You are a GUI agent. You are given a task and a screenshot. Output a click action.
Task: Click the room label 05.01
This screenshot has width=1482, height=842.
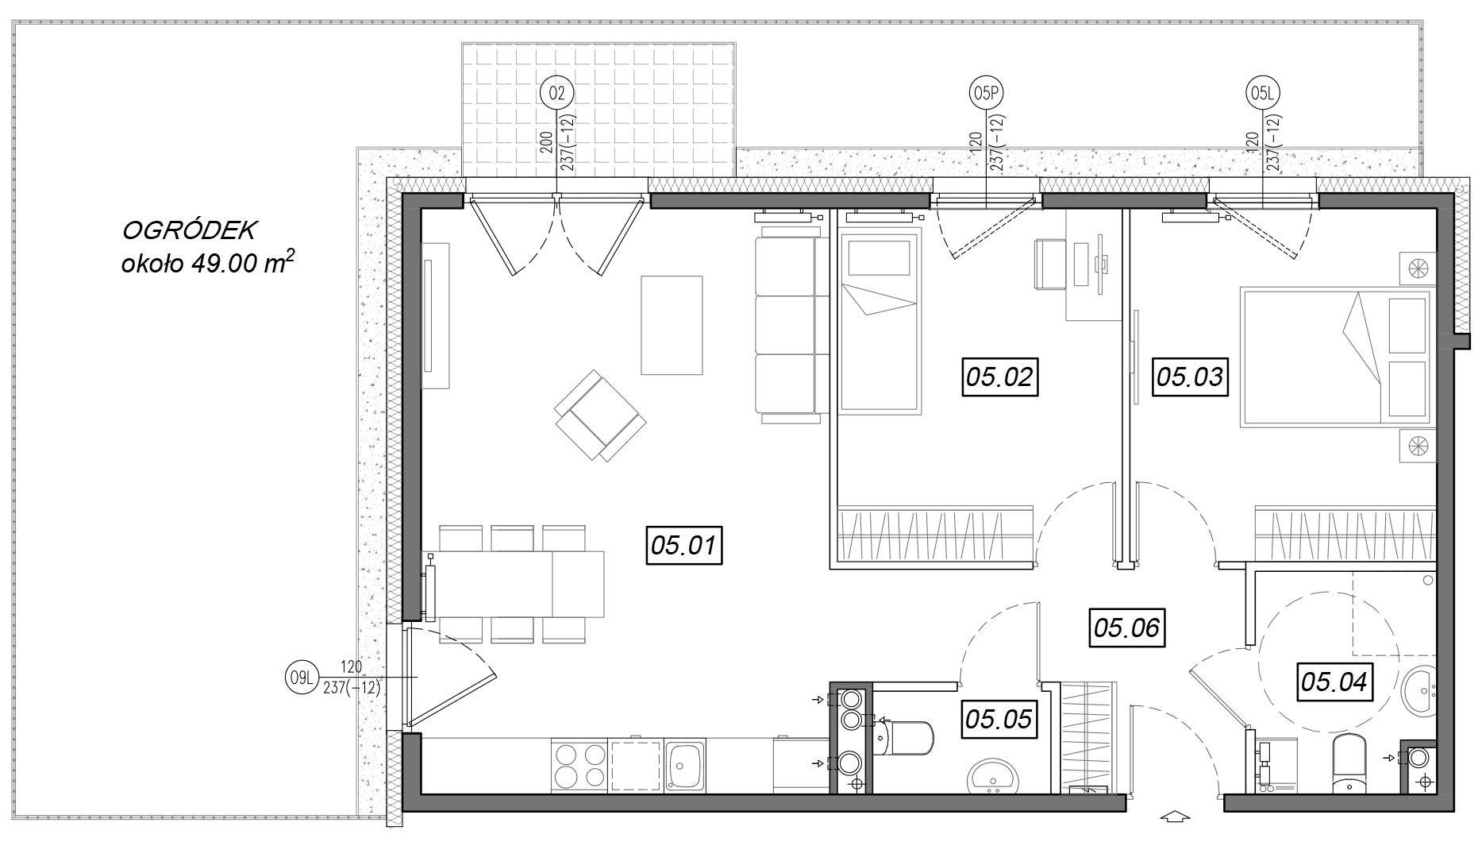(x=684, y=546)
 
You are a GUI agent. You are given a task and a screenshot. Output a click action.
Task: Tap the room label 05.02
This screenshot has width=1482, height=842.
(x=1000, y=377)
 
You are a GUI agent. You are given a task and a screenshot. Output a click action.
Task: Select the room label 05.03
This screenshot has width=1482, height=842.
(x=1190, y=377)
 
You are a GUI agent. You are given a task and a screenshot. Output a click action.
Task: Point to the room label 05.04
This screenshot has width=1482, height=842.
(x=1334, y=682)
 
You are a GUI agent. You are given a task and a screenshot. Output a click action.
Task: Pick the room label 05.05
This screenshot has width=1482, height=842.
(x=999, y=719)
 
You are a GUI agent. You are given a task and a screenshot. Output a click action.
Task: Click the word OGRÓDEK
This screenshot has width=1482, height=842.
(x=188, y=231)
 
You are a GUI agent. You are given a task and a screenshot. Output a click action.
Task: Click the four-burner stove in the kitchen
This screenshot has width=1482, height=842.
(x=579, y=766)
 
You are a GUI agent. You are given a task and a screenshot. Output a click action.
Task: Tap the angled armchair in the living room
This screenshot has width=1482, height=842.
(x=600, y=415)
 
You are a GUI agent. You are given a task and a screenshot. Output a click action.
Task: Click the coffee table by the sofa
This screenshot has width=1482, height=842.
(x=672, y=325)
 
